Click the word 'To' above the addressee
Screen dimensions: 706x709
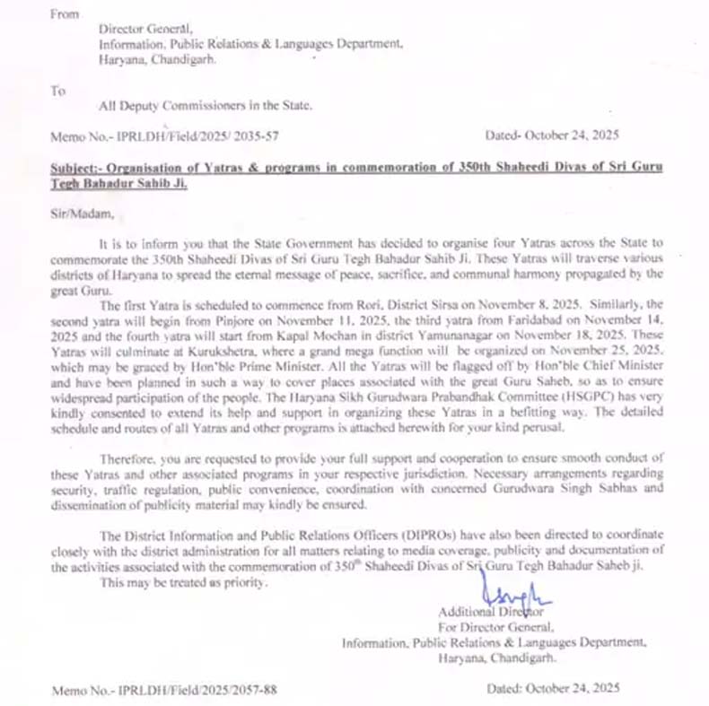pos(58,90)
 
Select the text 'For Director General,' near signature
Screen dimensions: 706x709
pos(495,627)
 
